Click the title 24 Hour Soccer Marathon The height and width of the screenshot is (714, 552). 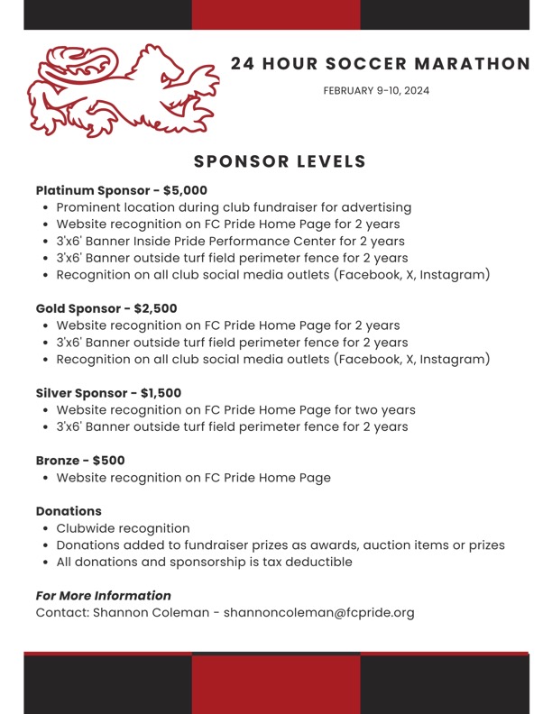[x=381, y=64]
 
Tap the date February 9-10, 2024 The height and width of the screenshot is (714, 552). [x=376, y=91]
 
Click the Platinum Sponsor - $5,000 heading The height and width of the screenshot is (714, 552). [x=122, y=190]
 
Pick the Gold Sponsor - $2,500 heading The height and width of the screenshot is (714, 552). [x=106, y=308]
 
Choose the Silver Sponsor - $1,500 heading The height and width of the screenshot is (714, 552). [x=108, y=393]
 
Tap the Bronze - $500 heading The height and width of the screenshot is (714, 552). [x=80, y=461]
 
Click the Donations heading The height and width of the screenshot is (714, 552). [x=69, y=511]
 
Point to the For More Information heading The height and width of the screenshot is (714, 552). [x=103, y=596]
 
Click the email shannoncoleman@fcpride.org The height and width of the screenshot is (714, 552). [x=318, y=613]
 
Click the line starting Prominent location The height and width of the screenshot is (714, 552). [x=234, y=207]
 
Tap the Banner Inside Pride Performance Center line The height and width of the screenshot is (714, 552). [x=230, y=242]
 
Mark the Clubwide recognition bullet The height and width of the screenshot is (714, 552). [x=123, y=528]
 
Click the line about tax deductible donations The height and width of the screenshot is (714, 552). [x=204, y=563]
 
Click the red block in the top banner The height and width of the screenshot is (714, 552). [x=276, y=14]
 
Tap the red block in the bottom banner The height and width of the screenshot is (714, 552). [x=276, y=684]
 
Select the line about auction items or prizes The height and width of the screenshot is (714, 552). [x=281, y=545]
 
